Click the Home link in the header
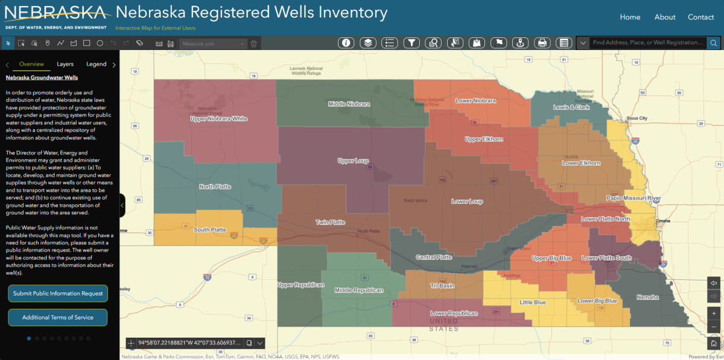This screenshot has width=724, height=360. click(x=630, y=17)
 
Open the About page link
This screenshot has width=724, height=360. click(x=665, y=17)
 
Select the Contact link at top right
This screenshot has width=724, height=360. click(x=700, y=17)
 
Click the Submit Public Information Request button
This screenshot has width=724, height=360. click(x=58, y=294)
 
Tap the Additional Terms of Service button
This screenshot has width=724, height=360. click(x=58, y=317)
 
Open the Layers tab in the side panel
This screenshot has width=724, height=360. click(x=65, y=64)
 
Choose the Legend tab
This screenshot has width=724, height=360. click(x=97, y=64)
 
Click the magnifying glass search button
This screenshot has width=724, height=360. click(x=714, y=43)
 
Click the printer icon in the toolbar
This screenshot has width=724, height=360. click(x=542, y=43)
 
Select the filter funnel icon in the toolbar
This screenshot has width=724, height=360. click(x=411, y=43)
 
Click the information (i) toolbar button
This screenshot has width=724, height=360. click(x=346, y=43)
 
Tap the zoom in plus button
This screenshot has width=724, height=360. click(x=714, y=314)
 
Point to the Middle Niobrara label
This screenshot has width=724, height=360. click(x=349, y=104)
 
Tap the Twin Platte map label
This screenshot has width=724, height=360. click(x=331, y=223)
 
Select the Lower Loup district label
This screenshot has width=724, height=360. click(x=467, y=201)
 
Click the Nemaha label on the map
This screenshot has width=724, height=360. click(x=647, y=297)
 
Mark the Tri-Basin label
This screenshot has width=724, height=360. click(x=442, y=285)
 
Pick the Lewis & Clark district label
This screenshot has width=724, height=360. click(x=571, y=107)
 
